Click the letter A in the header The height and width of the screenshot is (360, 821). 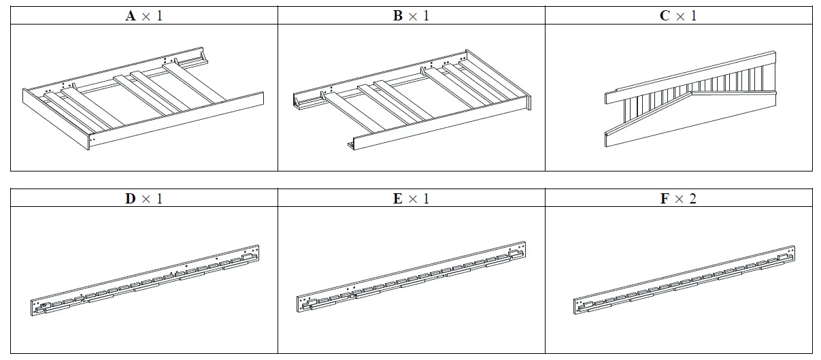pos(131,16)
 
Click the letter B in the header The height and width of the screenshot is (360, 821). pos(398,16)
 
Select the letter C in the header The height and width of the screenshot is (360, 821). pos(665,16)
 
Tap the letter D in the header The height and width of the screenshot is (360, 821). pos(131,199)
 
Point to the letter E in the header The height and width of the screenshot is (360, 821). pos(398,199)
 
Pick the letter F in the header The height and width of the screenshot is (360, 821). pos(665,199)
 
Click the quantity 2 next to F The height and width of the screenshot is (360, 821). pos(693,199)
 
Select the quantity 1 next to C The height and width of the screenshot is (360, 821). pos(694,16)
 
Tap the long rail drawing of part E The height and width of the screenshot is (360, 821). pos(412,279)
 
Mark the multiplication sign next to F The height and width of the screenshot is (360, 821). pos(680,199)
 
